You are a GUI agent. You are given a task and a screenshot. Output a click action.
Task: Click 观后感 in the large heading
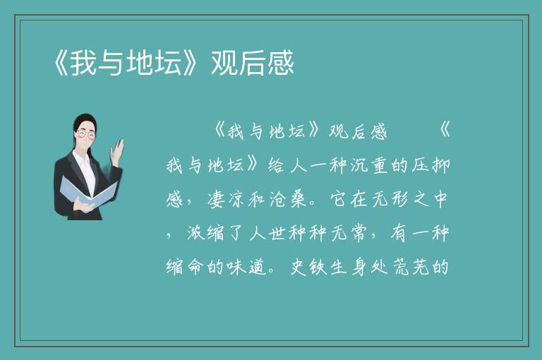point(253,63)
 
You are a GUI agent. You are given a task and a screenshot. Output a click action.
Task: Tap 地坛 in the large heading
point(155,63)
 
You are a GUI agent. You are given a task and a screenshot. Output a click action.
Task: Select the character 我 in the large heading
point(84,63)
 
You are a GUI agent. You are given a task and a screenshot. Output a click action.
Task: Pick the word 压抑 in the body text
point(431,165)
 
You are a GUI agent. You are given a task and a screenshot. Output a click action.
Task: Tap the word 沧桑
point(289,200)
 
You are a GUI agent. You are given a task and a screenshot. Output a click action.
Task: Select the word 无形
point(390,200)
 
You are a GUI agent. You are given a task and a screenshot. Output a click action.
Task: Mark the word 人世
point(267,234)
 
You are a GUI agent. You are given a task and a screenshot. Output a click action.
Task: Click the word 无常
point(349,234)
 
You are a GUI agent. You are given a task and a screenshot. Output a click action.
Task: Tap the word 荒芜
point(411,267)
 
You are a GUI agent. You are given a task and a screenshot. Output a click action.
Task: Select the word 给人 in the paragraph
point(287,165)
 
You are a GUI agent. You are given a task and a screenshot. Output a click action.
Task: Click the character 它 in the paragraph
point(339,200)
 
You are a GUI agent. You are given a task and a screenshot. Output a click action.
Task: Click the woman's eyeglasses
point(85,134)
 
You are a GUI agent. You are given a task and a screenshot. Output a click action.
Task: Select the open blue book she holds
point(86,191)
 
